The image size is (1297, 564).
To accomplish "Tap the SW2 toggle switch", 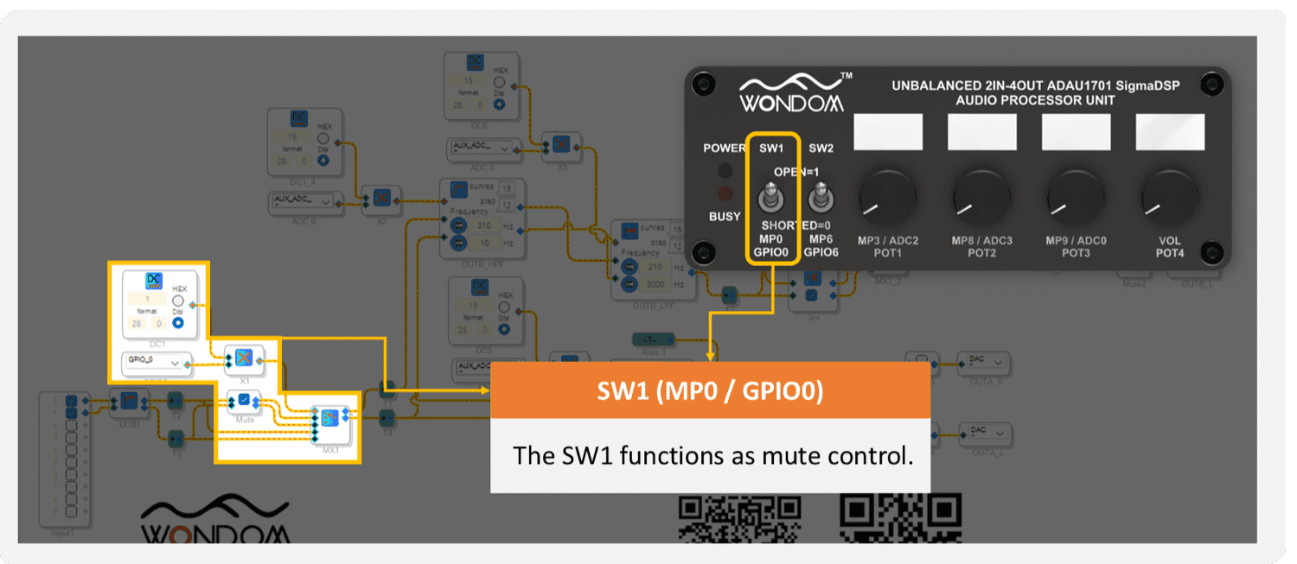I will [x=819, y=198].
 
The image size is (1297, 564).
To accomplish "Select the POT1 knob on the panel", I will [x=886, y=196].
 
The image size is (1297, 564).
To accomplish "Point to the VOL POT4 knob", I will [x=1169, y=196].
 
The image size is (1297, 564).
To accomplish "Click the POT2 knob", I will [x=981, y=196].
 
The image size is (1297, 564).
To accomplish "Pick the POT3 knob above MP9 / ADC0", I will [x=1075, y=196].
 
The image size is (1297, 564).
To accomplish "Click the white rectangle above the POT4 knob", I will [x=1169, y=131].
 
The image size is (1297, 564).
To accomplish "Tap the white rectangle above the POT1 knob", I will [x=887, y=131].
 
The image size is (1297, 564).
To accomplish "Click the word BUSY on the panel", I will [x=725, y=216].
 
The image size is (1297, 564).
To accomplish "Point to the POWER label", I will [x=724, y=148].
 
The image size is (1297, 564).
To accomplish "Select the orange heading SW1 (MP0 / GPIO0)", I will [x=710, y=391].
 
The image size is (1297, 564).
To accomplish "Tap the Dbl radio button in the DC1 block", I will [x=178, y=322].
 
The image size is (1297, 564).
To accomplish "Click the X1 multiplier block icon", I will [x=244, y=357].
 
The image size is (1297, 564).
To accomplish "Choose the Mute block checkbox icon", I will [x=244, y=399].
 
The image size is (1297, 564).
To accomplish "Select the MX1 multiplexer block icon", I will [x=329, y=418].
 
